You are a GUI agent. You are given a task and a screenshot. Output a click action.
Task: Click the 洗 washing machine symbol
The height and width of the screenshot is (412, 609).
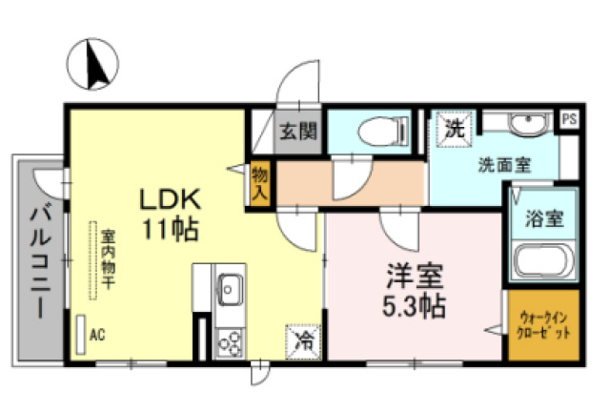[452, 129]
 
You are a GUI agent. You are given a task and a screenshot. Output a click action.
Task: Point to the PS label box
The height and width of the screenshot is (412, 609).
[569, 118]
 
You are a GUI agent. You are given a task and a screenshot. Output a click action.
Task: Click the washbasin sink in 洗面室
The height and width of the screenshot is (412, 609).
[522, 127]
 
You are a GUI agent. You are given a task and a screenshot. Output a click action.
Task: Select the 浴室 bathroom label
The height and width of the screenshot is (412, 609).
[542, 218]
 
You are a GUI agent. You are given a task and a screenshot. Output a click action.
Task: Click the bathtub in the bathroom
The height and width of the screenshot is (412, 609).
[542, 261]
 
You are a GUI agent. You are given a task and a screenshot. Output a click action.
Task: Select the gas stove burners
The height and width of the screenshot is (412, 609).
[231, 340]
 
